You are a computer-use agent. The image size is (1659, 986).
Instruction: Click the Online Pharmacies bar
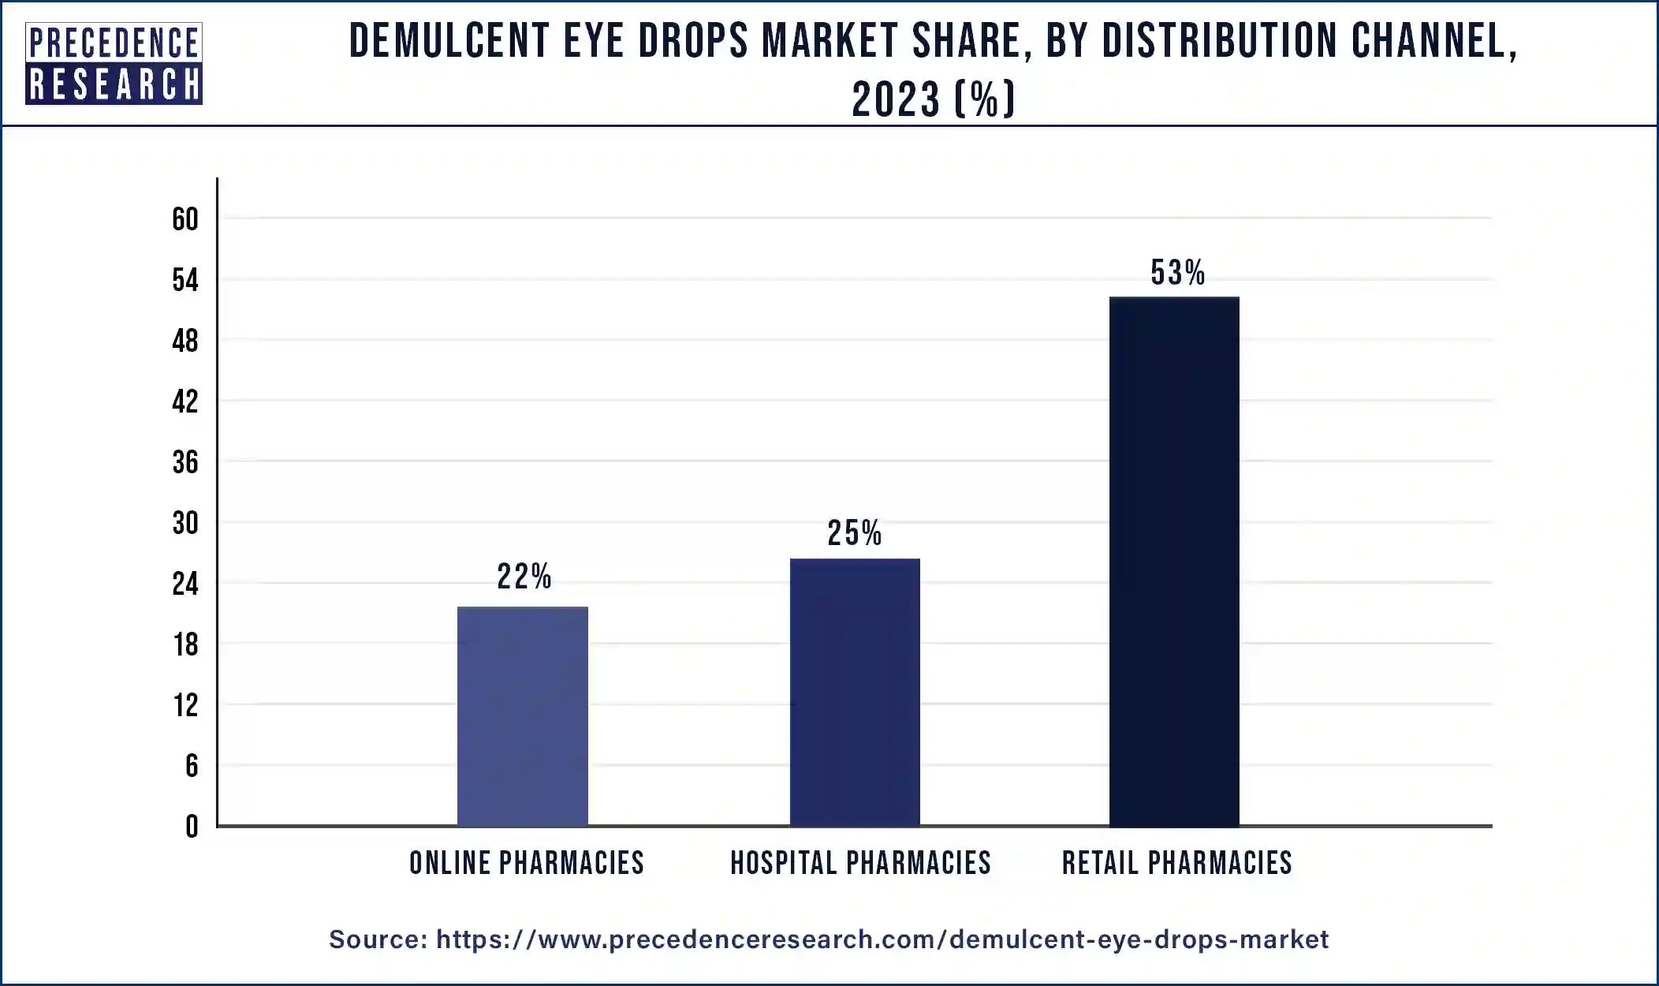pyautogui.click(x=523, y=716)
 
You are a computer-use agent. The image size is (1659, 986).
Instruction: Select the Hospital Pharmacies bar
pyautogui.click(x=855, y=692)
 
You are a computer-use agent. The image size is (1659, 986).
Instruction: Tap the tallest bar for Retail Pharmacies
pyautogui.click(x=1174, y=561)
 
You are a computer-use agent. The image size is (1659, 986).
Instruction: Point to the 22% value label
pyautogui.click(x=524, y=577)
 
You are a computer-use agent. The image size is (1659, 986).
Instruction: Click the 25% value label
pyautogui.click(x=854, y=533)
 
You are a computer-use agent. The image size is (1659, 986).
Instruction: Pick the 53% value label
pyautogui.click(x=1177, y=273)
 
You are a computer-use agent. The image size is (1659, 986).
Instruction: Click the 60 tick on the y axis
pyautogui.click(x=185, y=219)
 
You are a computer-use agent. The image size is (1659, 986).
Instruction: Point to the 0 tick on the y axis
pyautogui.click(x=192, y=827)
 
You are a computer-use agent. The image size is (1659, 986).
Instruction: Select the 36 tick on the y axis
pyautogui.click(x=185, y=462)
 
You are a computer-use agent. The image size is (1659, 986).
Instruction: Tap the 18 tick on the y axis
pyautogui.click(x=186, y=645)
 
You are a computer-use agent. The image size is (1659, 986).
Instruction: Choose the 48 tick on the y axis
pyautogui.click(x=185, y=341)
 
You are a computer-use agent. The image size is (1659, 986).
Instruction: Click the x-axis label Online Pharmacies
pyautogui.click(x=527, y=863)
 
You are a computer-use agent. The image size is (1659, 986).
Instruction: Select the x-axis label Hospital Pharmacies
pyautogui.click(x=860, y=863)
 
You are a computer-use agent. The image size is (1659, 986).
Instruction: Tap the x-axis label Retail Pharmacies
pyautogui.click(x=1176, y=863)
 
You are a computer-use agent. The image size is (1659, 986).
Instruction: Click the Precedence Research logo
pyautogui.click(x=114, y=64)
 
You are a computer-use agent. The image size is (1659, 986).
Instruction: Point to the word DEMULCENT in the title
pyautogui.click(x=449, y=41)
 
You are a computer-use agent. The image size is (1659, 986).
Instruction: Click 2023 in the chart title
pyautogui.click(x=897, y=100)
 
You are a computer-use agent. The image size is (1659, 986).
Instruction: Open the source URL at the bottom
pyautogui.click(x=882, y=939)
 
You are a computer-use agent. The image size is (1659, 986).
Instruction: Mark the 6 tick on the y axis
pyautogui.click(x=192, y=766)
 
